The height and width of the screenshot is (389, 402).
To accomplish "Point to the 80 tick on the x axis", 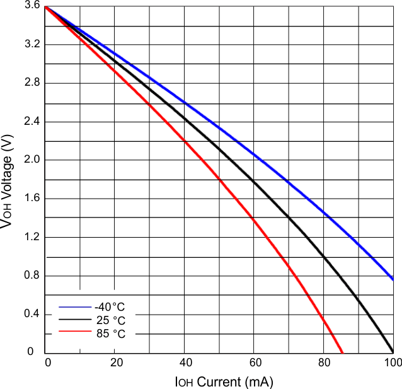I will pyautogui.click(x=323, y=363).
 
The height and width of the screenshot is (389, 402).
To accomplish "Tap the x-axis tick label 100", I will pyautogui.click(x=392, y=363).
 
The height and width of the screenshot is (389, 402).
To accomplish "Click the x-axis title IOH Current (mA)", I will pyautogui.click(x=224, y=381).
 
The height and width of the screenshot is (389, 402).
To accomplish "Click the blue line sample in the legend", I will pyautogui.click(x=76, y=307).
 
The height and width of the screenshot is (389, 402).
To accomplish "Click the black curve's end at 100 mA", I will pyautogui.click(x=393, y=352).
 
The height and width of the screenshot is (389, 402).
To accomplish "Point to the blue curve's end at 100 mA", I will pyautogui.click(x=393, y=279).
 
